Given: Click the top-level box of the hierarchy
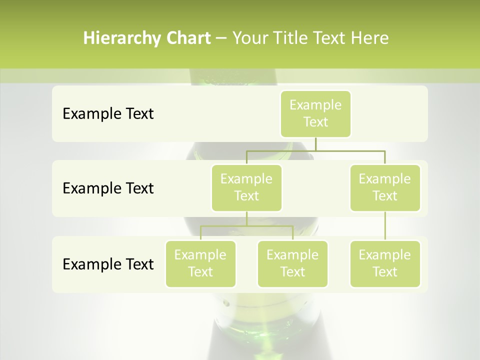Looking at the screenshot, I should [x=315, y=113].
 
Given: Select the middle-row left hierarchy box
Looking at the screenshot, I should [x=246, y=187].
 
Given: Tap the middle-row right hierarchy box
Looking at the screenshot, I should [x=385, y=187].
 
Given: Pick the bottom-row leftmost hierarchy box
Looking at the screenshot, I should [x=200, y=263].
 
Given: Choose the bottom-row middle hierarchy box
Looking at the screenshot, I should [x=292, y=263].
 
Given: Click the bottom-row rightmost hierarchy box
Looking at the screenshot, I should [x=385, y=263].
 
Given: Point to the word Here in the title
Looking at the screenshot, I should [x=370, y=38].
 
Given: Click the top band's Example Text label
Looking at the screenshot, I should [x=108, y=113].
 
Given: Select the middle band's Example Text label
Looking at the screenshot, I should [x=108, y=188].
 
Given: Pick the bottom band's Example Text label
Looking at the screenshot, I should [x=108, y=264].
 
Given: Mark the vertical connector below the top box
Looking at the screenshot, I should [x=315, y=144].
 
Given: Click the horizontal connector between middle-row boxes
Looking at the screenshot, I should [x=315, y=150].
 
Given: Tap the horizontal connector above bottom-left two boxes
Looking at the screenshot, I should [x=246, y=226].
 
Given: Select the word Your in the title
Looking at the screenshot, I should [x=249, y=38].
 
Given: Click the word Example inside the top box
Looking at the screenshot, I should [x=315, y=105].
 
